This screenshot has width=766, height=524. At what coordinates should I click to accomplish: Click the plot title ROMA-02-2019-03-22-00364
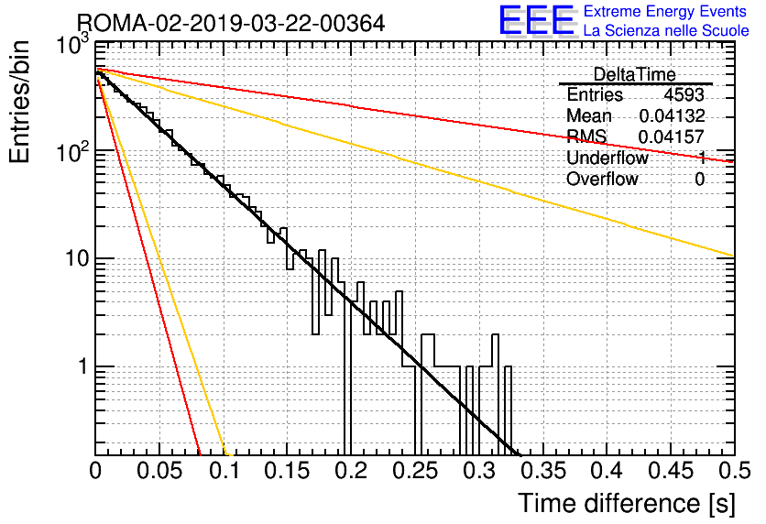pos(231,23)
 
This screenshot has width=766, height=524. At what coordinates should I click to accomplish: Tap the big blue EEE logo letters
pos(536,20)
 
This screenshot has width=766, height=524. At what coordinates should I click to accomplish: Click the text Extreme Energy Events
pos(665,11)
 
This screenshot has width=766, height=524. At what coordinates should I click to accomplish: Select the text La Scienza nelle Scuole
pos(666,30)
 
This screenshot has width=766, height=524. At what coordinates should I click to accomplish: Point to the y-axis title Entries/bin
pos(19,102)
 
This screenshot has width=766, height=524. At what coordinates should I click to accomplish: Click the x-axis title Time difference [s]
pos(627,503)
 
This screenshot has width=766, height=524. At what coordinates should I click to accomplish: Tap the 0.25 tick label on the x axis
pos(415,471)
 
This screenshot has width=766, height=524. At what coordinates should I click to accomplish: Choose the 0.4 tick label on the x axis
pos(607,471)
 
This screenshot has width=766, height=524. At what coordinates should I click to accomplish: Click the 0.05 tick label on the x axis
pos(159,471)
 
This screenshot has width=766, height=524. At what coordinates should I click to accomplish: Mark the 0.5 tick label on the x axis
pos(735,471)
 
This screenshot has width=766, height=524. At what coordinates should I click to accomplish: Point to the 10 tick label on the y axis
pos(77,258)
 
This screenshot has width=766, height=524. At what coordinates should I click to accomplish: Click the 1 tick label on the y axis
pos(83,366)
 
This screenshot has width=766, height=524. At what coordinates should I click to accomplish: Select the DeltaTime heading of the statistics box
pos(635,74)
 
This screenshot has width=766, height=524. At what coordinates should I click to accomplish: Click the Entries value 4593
pos(684,94)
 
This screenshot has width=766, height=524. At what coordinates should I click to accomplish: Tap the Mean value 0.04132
pos(672,115)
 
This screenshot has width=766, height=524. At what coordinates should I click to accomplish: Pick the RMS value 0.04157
pos(672,136)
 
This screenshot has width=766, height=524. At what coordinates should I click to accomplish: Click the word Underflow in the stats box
pos(607,158)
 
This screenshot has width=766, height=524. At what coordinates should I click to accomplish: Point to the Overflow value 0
pos(699,180)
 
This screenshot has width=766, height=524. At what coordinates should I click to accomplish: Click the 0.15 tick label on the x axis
pos(288,471)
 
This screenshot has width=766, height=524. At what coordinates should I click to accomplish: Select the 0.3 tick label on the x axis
pos(479,471)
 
